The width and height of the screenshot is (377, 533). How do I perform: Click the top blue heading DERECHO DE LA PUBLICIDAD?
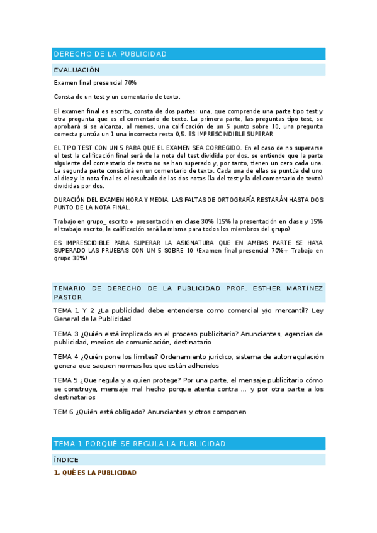point(110,54)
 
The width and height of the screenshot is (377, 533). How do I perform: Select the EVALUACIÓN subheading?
point(77,70)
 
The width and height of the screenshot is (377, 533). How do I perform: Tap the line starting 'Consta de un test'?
point(117,96)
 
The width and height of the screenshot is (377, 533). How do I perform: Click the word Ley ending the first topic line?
point(317,311)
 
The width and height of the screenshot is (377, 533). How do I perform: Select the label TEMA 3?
point(65,334)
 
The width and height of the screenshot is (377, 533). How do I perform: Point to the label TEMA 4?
point(65,356)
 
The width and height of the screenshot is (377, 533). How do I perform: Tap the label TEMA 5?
point(65,380)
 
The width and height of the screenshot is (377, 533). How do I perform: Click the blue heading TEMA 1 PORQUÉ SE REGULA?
point(139,444)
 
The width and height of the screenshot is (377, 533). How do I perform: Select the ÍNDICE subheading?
point(66,460)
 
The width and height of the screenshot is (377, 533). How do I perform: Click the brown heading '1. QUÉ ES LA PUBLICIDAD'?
point(95,473)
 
